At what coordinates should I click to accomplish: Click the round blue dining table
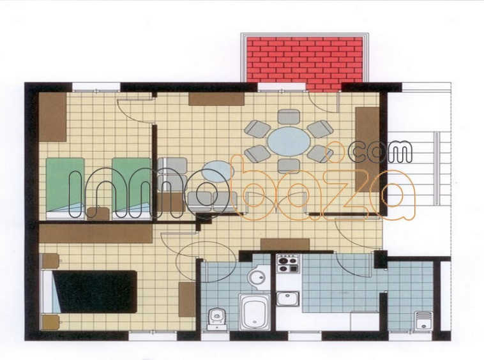[289, 142]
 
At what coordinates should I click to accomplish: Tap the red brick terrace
[305, 63]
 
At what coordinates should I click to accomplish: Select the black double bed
[95, 292]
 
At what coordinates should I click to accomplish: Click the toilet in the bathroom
[216, 318]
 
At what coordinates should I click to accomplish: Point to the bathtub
[255, 312]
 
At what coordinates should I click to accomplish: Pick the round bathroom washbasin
[258, 276]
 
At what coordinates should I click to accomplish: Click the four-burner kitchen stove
[288, 264]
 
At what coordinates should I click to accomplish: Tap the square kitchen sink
[287, 299]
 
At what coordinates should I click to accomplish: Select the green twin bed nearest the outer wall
[65, 188]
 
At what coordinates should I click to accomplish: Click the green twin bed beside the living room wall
[132, 188]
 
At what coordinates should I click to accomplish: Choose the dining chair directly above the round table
[289, 117]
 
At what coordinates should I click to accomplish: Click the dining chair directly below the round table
[289, 166]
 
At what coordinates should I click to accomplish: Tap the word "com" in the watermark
[380, 152]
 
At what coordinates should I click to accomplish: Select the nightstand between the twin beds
[98, 213]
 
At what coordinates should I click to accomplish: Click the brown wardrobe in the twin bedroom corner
[52, 117]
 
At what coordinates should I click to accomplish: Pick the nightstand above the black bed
[50, 261]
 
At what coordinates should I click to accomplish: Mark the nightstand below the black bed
[50, 322]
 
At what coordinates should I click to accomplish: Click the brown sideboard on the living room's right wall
[367, 149]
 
